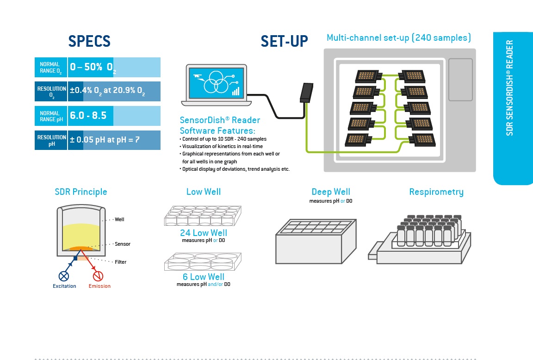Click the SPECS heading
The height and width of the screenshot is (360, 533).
pos(89,41)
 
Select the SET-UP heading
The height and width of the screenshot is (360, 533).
pos(284,41)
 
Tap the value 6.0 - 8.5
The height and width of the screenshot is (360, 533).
pos(88,116)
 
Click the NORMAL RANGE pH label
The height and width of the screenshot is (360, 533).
pos(51,116)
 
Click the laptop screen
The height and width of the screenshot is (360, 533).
pos(217,83)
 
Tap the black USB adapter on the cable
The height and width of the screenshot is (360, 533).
pos(306,93)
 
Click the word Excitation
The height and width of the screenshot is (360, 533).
pos(64,286)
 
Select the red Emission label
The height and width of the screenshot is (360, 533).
pos(99,286)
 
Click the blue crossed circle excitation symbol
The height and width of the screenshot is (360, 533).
pos(63,276)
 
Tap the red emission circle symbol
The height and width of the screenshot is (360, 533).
pos(98,276)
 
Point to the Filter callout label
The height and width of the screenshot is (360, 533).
pos(121,262)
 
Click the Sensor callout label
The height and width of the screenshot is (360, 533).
pos(122,244)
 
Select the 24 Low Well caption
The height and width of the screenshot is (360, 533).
pos(203,233)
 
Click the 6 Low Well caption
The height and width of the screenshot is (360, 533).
pos(203,277)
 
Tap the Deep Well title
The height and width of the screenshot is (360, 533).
pos(331,192)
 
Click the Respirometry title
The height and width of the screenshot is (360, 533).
pos(436,192)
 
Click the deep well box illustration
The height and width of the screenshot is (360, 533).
pos(316,242)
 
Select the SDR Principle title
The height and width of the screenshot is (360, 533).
pos(81,192)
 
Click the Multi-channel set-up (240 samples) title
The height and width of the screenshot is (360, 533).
pos(399,38)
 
